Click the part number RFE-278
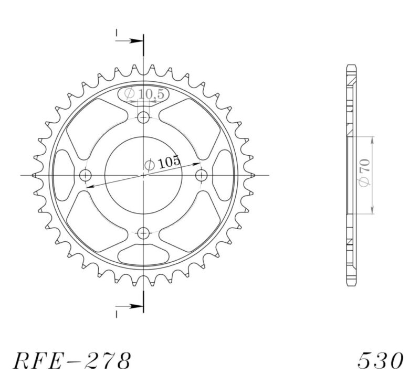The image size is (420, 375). click(x=71, y=360)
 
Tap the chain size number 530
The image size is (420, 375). click(x=381, y=360)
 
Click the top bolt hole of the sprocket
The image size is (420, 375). click(x=143, y=118)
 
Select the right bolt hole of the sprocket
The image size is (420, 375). click(x=201, y=175)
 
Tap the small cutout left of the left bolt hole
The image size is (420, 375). click(x=64, y=175)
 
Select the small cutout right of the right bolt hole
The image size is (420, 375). click(x=223, y=175)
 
